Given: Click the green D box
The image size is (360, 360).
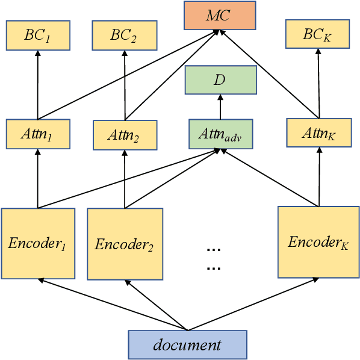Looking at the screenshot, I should point(220,80).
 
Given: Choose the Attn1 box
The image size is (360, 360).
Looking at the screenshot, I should point(37,134).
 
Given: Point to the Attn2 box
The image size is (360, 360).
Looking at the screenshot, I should point(124,135).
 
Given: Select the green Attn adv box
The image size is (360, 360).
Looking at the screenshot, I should point(220,134).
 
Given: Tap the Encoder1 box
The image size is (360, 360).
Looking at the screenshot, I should point(38,243).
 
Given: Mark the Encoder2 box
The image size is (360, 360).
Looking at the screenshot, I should point(125,244).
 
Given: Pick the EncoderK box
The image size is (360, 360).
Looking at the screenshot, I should point(318,241).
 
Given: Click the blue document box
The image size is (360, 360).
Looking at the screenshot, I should point(187,344).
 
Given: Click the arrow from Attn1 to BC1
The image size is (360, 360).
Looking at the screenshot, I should point(37,84).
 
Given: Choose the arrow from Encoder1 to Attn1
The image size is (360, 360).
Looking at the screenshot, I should point(37,178).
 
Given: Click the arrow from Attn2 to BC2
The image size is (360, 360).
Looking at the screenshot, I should point(124,85).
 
